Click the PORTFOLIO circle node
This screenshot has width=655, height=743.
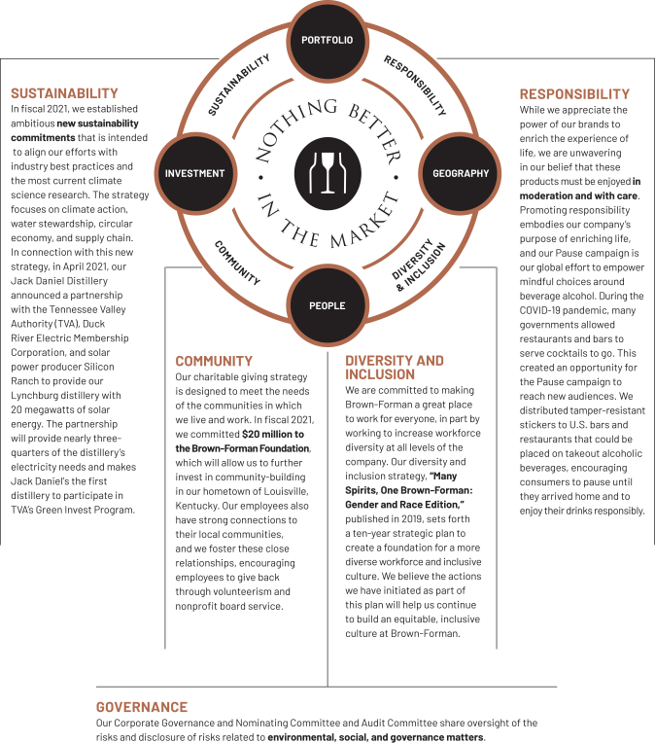tap(327, 41)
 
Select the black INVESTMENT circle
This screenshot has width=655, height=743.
tap(194, 173)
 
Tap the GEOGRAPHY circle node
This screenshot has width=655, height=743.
tap(460, 173)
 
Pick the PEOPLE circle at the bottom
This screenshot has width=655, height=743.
tap(327, 305)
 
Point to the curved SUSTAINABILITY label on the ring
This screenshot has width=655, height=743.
tap(239, 86)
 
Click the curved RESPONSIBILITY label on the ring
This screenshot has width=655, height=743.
tap(415, 86)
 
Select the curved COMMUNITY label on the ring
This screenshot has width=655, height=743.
tap(237, 262)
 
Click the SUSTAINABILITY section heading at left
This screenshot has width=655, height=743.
tap(64, 93)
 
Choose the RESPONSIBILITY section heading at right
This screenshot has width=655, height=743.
tap(574, 93)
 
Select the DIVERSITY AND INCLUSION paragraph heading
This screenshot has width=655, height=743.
tap(395, 367)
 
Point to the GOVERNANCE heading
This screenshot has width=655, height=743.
tap(142, 707)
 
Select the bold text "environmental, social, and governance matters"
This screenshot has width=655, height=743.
tap(375, 737)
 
